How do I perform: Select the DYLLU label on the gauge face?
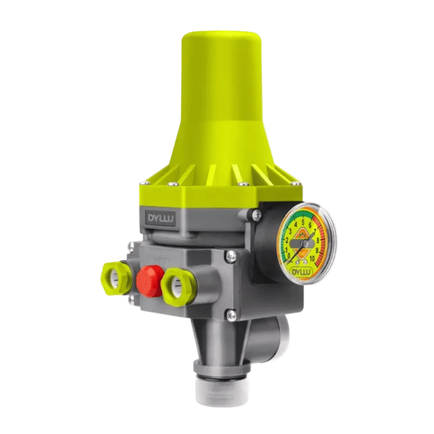tap(302, 272)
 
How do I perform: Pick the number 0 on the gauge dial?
tap(290, 256)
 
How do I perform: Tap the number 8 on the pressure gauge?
tap(318, 240)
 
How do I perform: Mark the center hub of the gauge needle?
tap(305, 244)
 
